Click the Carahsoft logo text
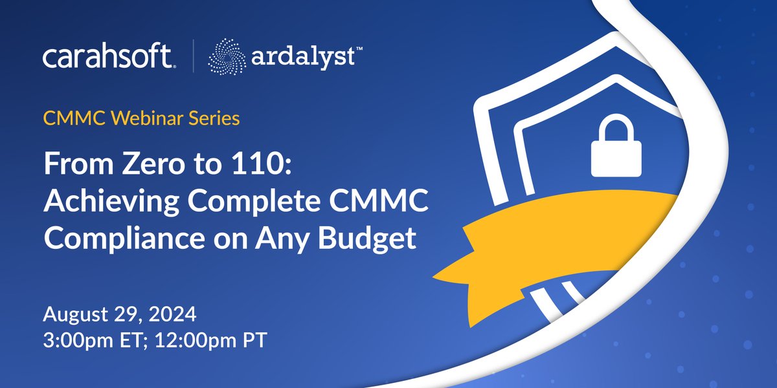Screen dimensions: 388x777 [108, 58]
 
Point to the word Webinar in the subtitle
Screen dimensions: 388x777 [136, 119]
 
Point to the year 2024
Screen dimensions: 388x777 [170, 317]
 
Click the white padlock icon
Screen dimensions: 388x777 [616, 151]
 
